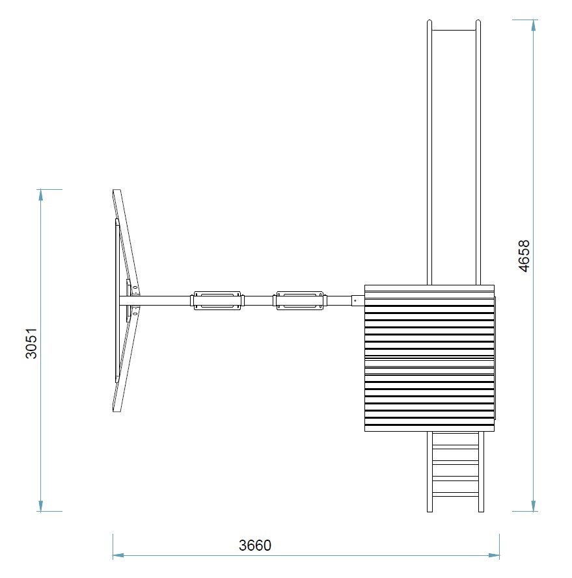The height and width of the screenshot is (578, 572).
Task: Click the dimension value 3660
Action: [254, 545]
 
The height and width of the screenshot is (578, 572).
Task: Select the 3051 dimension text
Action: [31, 344]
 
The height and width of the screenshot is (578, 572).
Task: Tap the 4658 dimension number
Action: [524, 256]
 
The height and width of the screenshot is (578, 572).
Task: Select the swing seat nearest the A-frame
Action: [217, 300]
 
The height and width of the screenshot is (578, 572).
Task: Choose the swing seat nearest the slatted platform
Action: [301, 300]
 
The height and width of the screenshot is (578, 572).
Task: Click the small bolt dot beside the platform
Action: [355, 300]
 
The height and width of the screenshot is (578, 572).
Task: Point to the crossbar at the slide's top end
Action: [454, 30]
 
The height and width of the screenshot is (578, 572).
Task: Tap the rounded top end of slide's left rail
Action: [429, 23]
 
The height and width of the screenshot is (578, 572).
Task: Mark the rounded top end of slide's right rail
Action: [479, 23]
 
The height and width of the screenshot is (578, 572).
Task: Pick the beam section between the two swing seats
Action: [258, 300]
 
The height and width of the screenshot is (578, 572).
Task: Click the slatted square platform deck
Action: [429, 358]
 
